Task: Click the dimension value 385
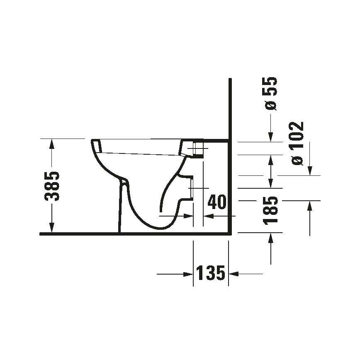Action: [53, 185]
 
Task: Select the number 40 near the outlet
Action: [216, 202]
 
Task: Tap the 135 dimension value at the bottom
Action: [210, 273]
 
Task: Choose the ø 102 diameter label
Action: [297, 143]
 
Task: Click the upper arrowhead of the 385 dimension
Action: [51, 144]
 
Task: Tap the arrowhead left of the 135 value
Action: [189, 274]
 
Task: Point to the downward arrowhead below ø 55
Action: [270, 136]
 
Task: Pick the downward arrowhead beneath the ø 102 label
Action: [309, 170]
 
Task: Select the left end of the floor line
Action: [41, 234]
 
